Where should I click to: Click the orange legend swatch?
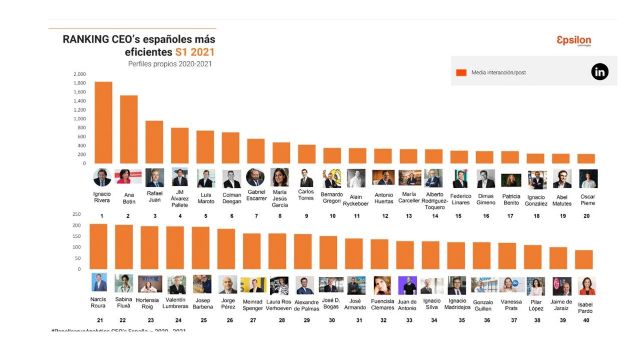tap(462, 72)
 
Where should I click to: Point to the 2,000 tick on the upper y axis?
tap(80, 74)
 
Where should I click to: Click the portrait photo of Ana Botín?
tap(128, 177)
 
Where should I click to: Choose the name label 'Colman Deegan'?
tap(231, 196)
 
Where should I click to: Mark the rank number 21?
tap(99, 319)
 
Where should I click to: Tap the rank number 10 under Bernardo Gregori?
tap(332, 215)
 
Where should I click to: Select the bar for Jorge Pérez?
tap(227, 250)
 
